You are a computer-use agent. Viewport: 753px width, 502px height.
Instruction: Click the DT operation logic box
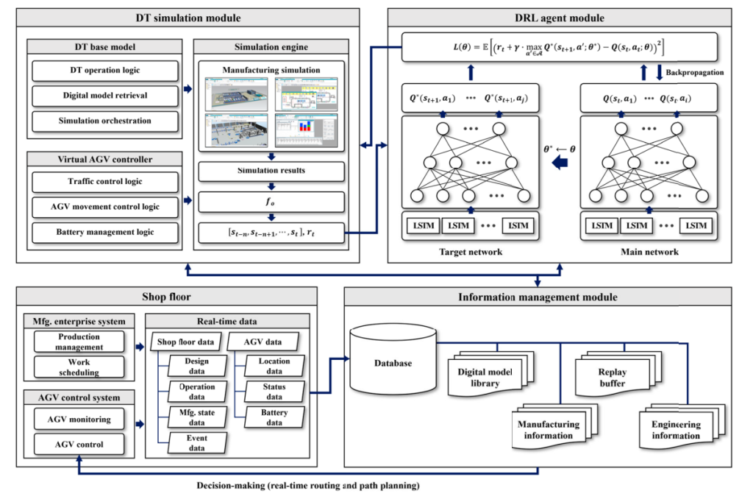106,71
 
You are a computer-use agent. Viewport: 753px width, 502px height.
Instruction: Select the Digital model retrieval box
106,96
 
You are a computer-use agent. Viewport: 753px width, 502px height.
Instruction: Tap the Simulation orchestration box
106,121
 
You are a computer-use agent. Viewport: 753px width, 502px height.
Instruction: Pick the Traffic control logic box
106,182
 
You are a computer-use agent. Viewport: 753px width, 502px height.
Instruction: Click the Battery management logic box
106,233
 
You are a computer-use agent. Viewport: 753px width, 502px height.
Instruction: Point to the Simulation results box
271,171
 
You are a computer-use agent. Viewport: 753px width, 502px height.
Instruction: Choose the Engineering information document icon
676,429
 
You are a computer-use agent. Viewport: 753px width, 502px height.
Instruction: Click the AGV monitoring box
80,420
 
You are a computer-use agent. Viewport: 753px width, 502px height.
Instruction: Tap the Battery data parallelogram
274,417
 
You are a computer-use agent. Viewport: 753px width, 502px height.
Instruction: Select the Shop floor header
166,297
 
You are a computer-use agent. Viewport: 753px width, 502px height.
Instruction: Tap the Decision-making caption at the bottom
303,487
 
